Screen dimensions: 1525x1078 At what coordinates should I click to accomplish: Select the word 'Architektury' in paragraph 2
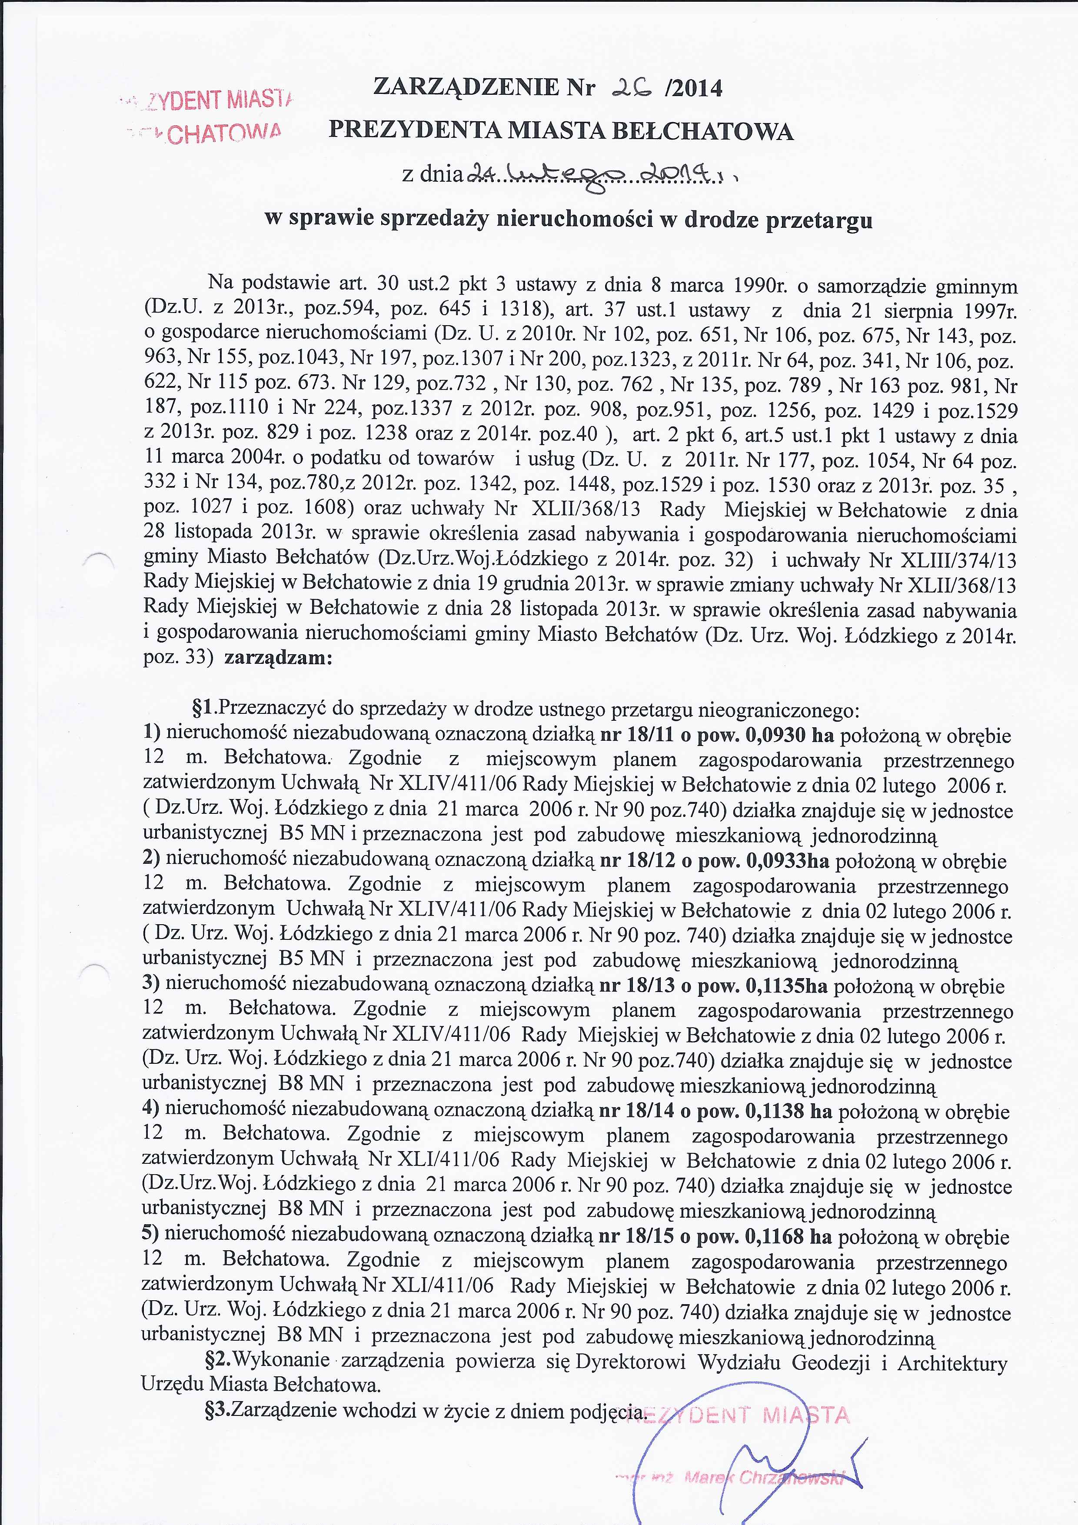(952, 1361)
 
